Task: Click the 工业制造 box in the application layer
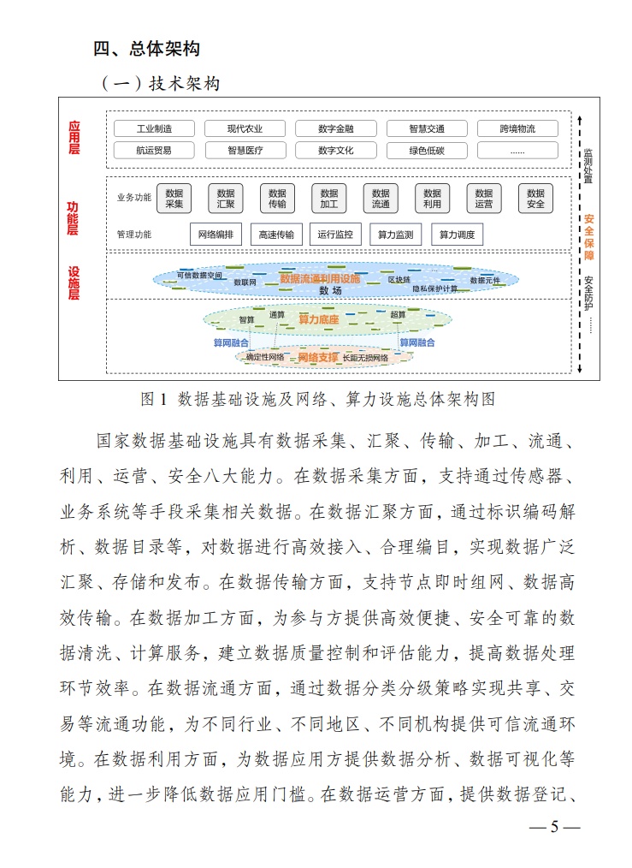(x=154, y=129)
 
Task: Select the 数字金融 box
(x=335, y=129)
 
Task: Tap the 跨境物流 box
(x=517, y=129)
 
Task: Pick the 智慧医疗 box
(x=245, y=151)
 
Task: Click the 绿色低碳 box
(x=426, y=151)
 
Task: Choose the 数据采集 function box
(x=174, y=199)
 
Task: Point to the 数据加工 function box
(x=328, y=199)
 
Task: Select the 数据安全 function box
(x=535, y=199)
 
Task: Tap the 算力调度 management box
(x=457, y=234)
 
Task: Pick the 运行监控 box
(x=334, y=234)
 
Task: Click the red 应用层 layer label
(x=74, y=137)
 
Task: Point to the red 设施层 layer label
(x=74, y=282)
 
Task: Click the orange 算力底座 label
(x=318, y=319)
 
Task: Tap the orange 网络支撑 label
(x=317, y=356)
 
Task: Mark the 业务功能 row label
(x=133, y=198)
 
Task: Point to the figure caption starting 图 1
(x=317, y=399)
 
